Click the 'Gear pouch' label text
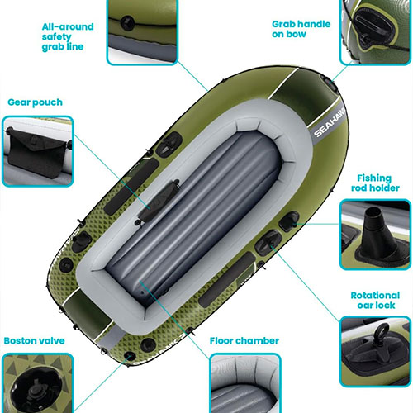point(35,102)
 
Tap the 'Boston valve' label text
point(35,341)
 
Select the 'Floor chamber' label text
point(244,341)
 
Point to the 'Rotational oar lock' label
point(375,301)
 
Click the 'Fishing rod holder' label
point(375,183)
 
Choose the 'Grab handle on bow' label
point(301,29)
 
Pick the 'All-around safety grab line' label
point(68,37)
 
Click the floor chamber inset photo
point(245,383)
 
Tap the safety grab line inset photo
point(142,31)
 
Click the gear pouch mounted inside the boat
point(159,201)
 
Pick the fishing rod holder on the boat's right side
point(289,221)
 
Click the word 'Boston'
point(19,341)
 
